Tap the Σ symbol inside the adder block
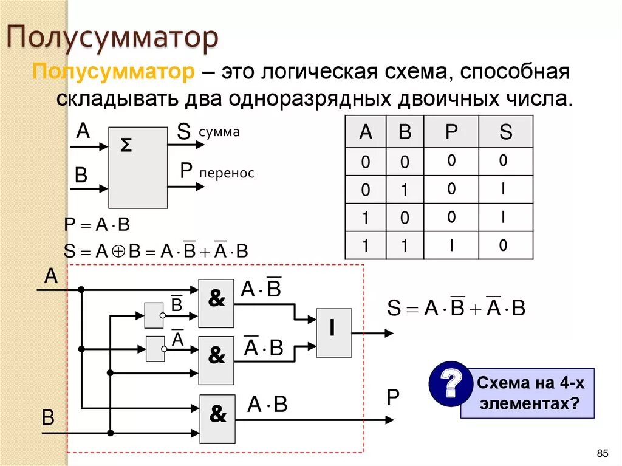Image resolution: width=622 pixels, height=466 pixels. click(x=126, y=145)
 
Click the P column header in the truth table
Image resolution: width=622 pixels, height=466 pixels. click(x=451, y=132)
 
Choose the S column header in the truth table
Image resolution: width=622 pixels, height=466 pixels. click(x=505, y=132)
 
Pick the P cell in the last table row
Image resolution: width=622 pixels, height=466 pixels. click(x=451, y=245)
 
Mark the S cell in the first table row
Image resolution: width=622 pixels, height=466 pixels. click(x=504, y=162)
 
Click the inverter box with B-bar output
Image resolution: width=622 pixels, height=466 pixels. click(x=154, y=315)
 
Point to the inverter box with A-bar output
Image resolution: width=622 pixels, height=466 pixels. click(x=155, y=349)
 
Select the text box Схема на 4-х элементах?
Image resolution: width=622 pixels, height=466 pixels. click(x=527, y=393)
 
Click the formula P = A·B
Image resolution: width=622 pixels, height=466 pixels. click(x=97, y=225)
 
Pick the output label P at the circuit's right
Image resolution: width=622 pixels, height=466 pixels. click(x=393, y=399)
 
